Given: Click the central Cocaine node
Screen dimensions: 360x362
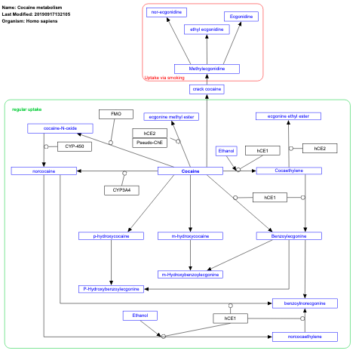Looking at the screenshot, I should (190, 171).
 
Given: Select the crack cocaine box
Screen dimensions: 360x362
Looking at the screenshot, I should (207, 89).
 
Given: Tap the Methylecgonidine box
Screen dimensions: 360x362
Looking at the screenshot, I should (207, 69).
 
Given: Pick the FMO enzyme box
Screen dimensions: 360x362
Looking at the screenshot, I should (115, 114).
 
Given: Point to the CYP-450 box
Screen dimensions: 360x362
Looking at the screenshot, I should (74, 146).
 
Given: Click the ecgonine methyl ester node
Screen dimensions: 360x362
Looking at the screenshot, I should (172, 116).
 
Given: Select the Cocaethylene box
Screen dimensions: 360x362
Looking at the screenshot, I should (290, 171).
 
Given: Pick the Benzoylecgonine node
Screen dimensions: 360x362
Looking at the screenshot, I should (290, 236).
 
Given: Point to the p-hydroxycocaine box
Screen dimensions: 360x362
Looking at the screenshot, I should (111, 236).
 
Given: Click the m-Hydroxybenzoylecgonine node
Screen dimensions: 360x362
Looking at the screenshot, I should (189, 274).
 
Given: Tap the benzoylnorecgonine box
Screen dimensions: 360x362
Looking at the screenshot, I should (305, 303).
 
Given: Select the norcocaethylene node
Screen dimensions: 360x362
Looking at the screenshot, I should (305, 336).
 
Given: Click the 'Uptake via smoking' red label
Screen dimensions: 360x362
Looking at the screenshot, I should (164, 77).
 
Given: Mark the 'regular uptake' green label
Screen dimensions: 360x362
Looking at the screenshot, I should (26, 109).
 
